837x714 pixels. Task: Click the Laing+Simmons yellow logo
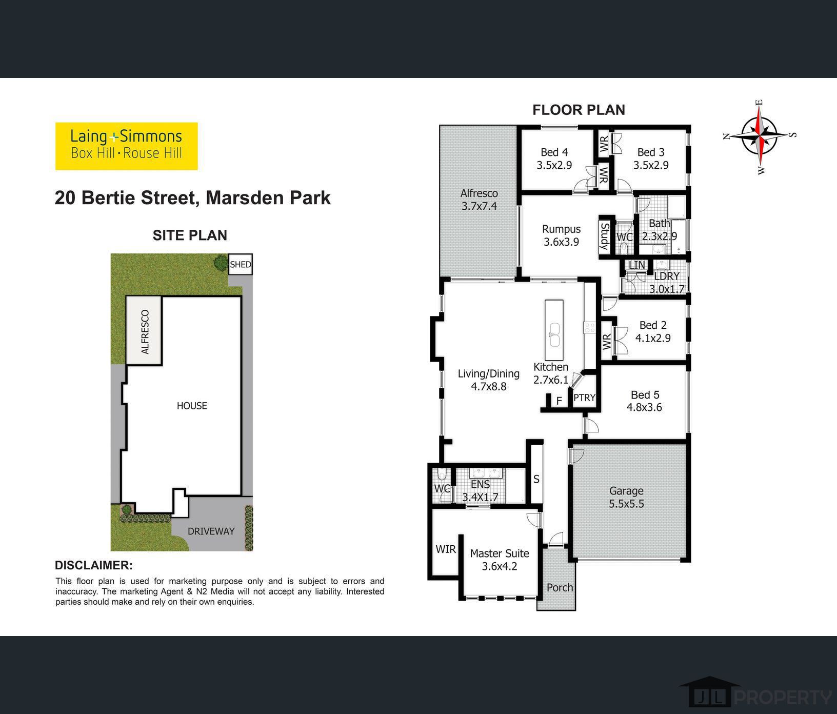click(126, 146)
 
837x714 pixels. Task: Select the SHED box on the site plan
click(240, 264)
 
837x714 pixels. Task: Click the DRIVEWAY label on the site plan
click(211, 531)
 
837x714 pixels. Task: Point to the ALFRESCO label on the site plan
click(145, 332)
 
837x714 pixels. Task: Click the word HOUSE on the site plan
click(192, 406)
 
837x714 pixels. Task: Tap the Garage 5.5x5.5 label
click(626, 497)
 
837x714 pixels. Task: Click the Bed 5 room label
click(645, 401)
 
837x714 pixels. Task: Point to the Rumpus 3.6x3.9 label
click(561, 235)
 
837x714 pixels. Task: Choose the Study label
click(605, 236)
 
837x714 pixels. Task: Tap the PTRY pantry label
click(584, 398)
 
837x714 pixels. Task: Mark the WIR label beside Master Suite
click(446, 549)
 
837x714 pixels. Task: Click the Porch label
click(560, 588)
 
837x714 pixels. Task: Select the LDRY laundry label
click(667, 276)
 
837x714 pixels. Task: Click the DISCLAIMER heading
click(94, 565)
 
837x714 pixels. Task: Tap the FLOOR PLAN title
click(579, 110)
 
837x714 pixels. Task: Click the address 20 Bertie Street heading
click(192, 198)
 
